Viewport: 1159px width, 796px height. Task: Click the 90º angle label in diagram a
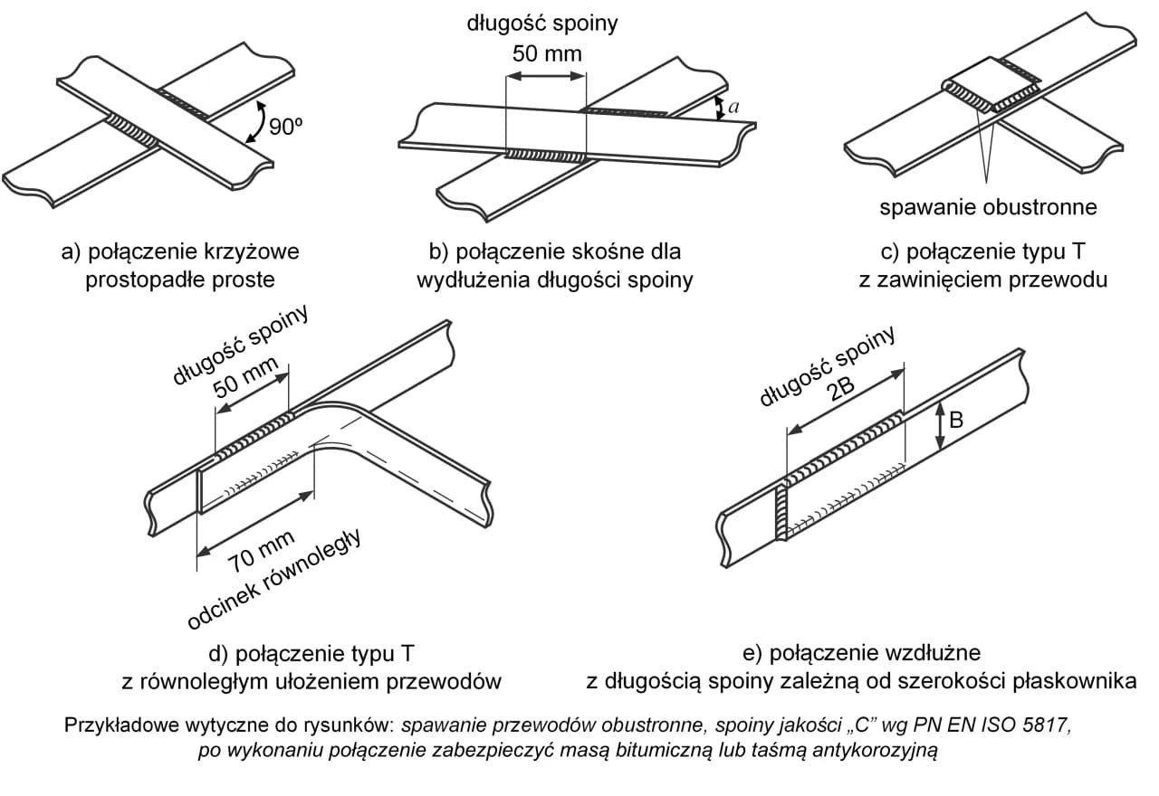pyautogui.click(x=283, y=128)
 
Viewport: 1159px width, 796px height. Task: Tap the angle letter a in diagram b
pyautogui.click(x=733, y=107)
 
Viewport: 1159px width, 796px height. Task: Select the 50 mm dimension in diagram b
pyautogui.click(x=547, y=53)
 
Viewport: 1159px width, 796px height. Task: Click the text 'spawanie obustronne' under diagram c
pyautogui.click(x=988, y=207)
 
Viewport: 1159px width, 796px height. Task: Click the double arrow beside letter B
pyautogui.click(x=941, y=425)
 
